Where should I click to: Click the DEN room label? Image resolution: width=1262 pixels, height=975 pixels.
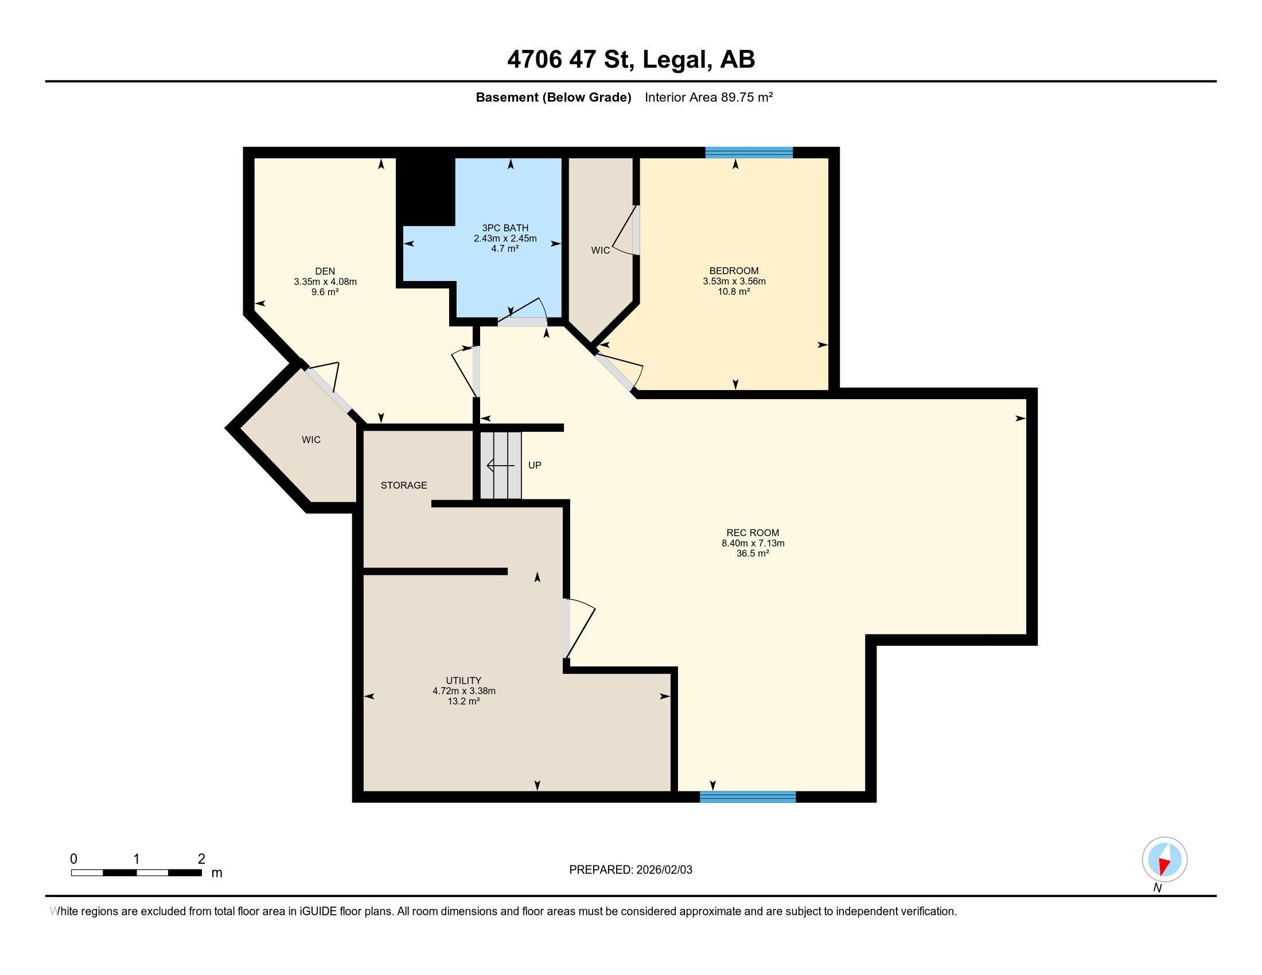pyautogui.click(x=325, y=271)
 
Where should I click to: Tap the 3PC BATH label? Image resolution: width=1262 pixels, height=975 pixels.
pyautogui.click(x=505, y=228)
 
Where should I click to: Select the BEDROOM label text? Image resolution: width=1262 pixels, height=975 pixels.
pyautogui.click(x=734, y=271)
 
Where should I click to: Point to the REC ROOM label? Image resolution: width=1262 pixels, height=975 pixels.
pyautogui.click(x=753, y=533)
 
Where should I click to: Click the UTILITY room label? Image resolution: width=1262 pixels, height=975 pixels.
pyautogui.click(x=463, y=680)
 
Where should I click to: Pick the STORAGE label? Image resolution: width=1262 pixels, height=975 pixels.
pyautogui.click(x=404, y=485)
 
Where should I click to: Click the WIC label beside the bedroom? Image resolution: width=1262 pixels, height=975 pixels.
pyautogui.click(x=601, y=250)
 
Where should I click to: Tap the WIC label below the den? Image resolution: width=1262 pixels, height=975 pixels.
pyautogui.click(x=311, y=439)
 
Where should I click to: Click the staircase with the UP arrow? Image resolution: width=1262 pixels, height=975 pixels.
pyautogui.click(x=501, y=465)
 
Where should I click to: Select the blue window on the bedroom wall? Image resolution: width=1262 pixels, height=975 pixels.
pyautogui.click(x=749, y=153)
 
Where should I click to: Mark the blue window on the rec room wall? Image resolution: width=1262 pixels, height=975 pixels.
pyautogui.click(x=747, y=797)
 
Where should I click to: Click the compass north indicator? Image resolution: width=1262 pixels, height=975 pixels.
pyautogui.click(x=1164, y=860)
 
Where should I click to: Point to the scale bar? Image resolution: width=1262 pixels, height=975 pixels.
pyautogui.click(x=137, y=872)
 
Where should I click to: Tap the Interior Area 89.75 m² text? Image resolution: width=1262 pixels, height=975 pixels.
pyautogui.click(x=709, y=97)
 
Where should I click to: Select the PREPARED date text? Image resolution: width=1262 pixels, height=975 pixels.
pyautogui.click(x=630, y=870)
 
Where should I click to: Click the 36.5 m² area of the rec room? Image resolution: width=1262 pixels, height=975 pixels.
pyautogui.click(x=753, y=553)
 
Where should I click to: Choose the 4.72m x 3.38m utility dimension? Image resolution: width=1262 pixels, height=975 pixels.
pyautogui.click(x=464, y=691)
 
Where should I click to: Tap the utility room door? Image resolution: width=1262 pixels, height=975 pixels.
pyautogui.click(x=578, y=629)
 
